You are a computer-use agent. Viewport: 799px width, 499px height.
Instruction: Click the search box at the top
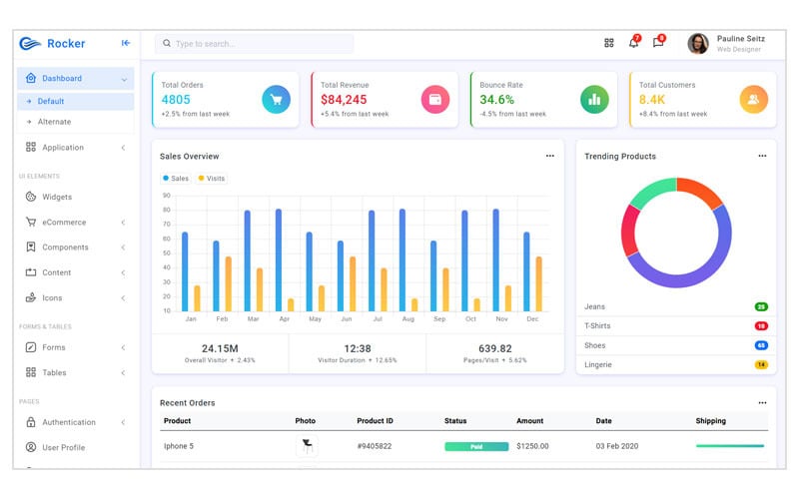click(x=254, y=44)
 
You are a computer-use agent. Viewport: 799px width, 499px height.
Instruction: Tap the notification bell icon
click(x=633, y=43)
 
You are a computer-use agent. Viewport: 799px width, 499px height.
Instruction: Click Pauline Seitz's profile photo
click(x=698, y=43)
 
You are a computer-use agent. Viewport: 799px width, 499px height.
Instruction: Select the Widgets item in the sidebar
click(x=57, y=197)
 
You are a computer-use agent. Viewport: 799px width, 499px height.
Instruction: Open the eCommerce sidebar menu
click(x=64, y=223)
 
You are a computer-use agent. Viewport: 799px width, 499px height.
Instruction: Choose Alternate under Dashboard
click(x=54, y=122)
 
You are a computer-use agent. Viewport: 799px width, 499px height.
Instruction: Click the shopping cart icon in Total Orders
click(x=277, y=99)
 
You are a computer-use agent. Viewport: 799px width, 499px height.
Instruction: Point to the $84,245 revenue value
click(x=344, y=100)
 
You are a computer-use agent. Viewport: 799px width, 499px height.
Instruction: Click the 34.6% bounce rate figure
click(x=497, y=100)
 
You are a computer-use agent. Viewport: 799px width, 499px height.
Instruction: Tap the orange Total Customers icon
click(x=754, y=99)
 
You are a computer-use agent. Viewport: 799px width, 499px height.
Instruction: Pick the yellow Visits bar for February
click(x=228, y=283)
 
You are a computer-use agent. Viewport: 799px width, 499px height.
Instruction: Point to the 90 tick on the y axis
click(x=166, y=196)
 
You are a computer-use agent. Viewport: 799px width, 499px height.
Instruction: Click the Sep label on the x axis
click(x=438, y=319)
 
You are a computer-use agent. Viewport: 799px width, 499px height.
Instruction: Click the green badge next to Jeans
click(x=761, y=306)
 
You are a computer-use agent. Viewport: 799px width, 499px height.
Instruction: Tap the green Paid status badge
click(x=476, y=446)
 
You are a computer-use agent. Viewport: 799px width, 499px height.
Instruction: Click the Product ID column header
click(x=375, y=421)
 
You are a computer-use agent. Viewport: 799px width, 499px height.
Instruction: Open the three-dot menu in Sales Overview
click(x=549, y=157)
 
